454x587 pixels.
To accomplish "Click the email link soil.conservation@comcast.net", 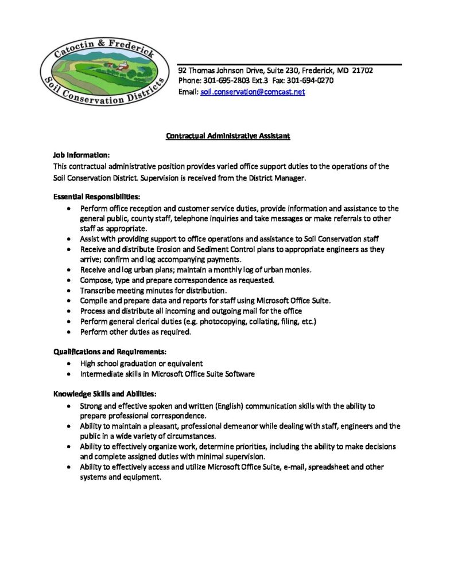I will pos(253,92).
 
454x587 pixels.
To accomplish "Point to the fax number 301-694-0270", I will pos(315,81).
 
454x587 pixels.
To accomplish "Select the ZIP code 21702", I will pos(363,71).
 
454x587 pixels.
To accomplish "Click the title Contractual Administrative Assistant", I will pos(228,136).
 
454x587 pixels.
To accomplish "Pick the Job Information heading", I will pos(82,155).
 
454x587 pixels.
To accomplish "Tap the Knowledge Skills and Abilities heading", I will pos(104,394).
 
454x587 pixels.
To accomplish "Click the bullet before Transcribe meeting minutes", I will pos(69,291).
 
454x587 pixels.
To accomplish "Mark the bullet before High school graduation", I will pos(69,363).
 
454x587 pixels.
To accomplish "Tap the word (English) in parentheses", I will pos(230,406).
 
